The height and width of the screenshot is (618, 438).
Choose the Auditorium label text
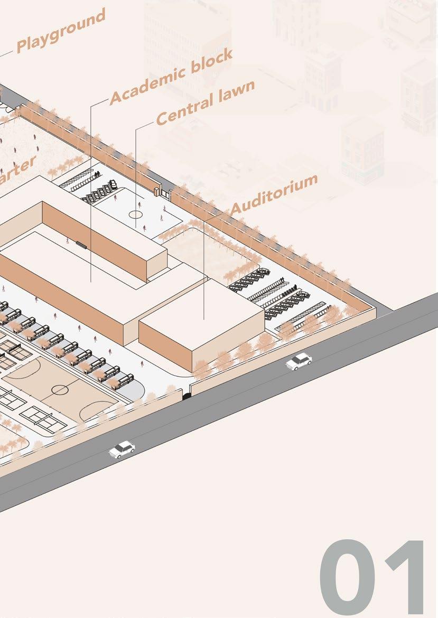pyautogui.click(x=274, y=194)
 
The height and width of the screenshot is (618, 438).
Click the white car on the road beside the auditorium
pyautogui.click(x=299, y=361)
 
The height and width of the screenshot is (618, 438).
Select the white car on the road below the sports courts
pyautogui.click(x=122, y=449)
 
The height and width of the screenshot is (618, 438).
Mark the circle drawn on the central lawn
pyautogui.click(x=136, y=214)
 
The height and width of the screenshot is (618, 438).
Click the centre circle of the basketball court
pyautogui.click(x=60, y=391)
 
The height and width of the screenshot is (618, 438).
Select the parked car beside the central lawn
pyautogui.click(x=111, y=185)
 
